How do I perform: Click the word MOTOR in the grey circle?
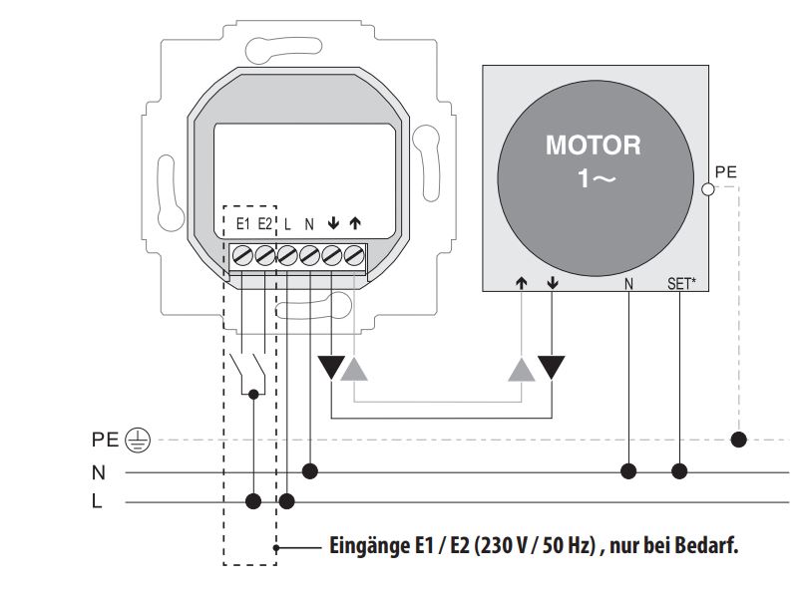(x=593, y=146)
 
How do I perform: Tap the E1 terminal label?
(x=243, y=223)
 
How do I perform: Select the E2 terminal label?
(x=265, y=223)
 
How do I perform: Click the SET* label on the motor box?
(x=681, y=284)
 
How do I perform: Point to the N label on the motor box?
(x=628, y=284)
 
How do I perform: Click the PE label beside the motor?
(x=726, y=172)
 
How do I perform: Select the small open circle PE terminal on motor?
(x=707, y=188)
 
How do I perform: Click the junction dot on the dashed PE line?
(x=739, y=439)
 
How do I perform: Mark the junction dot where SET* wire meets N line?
(x=681, y=469)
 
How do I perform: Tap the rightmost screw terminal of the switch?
(x=353, y=255)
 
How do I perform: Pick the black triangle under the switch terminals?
(x=330, y=368)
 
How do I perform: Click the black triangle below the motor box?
(x=551, y=368)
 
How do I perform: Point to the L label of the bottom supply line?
(x=97, y=501)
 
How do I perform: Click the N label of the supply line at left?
(x=98, y=471)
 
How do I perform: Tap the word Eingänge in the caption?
(x=365, y=546)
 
